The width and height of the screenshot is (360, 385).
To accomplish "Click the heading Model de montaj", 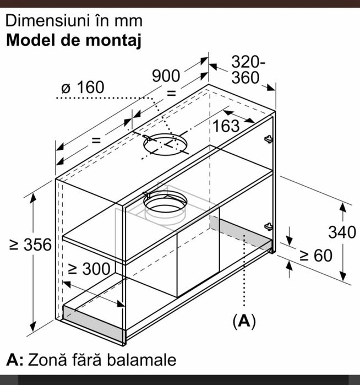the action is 74,40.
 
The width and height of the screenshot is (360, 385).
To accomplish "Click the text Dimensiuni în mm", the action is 74,20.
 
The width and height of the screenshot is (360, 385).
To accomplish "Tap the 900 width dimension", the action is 166,75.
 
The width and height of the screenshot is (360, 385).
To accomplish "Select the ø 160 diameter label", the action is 83,87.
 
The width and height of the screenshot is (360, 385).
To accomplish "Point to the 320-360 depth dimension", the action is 248,70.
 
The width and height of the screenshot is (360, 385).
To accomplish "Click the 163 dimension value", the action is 226,126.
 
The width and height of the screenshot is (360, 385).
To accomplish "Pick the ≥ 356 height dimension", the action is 30,245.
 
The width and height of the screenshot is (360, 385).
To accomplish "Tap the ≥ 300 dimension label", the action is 89,269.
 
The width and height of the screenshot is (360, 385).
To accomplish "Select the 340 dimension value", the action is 342,232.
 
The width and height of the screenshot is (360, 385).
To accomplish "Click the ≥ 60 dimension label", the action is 316,255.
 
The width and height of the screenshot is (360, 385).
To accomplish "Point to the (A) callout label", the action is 244,321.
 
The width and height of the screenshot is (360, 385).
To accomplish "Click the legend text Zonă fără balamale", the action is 102,360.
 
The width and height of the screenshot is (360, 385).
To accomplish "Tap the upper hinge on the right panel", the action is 269,139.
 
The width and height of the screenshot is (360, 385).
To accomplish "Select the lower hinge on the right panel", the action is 269,226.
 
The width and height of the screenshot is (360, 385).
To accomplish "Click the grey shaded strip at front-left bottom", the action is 94,323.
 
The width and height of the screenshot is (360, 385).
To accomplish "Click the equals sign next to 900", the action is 171,93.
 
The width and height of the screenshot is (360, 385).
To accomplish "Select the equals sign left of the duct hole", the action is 96,140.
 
